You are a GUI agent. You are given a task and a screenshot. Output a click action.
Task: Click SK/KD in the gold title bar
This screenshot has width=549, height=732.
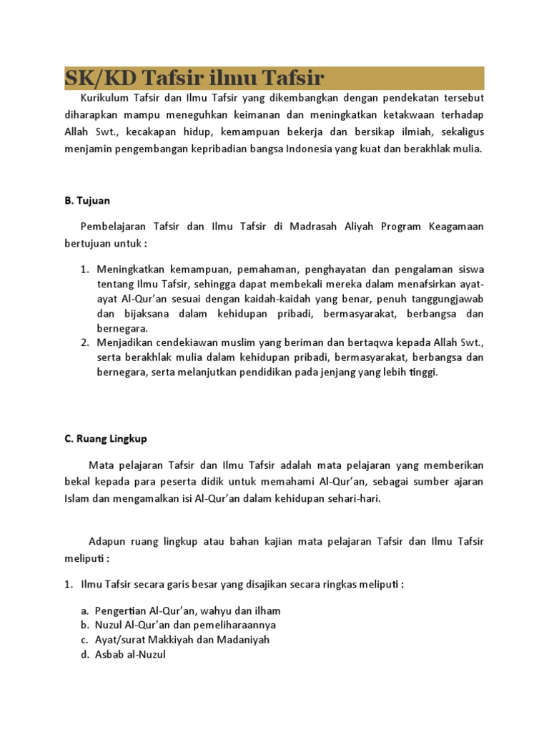coord(91,78)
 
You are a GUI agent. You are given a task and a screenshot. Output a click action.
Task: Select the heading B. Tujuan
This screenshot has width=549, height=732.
coord(87,201)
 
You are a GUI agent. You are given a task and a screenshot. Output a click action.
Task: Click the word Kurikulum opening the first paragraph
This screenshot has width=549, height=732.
coord(105,97)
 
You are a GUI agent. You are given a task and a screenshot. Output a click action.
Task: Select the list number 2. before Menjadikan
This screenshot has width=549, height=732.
coord(84,344)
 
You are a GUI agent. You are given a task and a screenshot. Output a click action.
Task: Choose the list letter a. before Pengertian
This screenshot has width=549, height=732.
coord(84,610)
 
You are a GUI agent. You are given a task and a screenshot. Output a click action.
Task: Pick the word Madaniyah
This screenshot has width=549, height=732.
coord(245,640)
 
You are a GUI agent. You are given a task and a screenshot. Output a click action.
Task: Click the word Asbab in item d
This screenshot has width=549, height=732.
coord(110,654)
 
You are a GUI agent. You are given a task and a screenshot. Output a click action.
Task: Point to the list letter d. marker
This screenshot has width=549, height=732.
coord(84,654)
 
